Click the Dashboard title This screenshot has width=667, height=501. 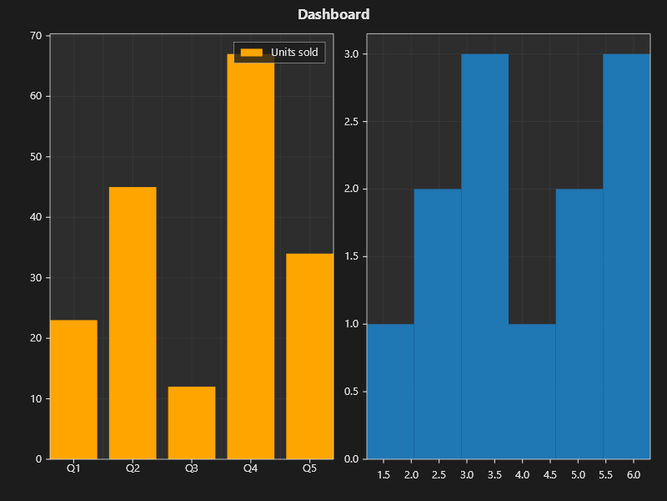coord(333,14)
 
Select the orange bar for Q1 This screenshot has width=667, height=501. coord(73,389)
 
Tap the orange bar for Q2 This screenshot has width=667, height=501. coord(133,323)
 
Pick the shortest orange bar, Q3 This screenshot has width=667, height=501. coord(192,423)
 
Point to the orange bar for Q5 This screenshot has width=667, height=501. coord(309,356)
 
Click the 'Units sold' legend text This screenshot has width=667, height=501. coord(294,53)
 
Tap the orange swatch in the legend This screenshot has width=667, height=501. coord(251,53)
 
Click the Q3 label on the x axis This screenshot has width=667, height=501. coord(192,468)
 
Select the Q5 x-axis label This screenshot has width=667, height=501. coord(309,468)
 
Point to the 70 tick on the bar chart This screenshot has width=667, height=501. coord(36,36)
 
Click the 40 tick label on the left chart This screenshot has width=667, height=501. coord(36,217)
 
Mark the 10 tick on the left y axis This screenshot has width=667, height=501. coord(36,398)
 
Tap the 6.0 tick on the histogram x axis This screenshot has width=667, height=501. coord(633,475)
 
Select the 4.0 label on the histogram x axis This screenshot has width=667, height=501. coord(522,475)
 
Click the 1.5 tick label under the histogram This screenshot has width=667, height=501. coord(384,475)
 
